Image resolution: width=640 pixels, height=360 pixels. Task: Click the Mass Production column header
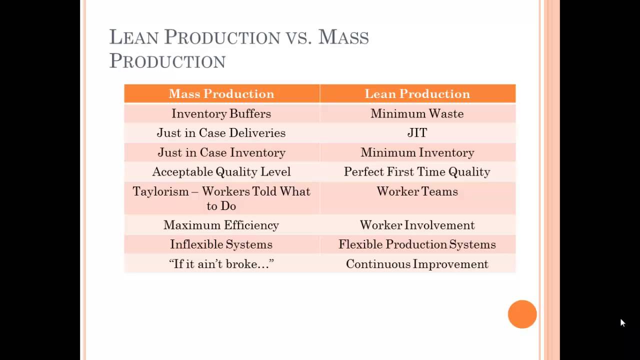click(221, 94)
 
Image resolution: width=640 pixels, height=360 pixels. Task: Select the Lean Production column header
click(417, 94)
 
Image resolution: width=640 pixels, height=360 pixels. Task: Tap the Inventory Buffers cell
click(221, 113)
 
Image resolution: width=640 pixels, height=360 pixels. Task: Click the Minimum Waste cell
click(417, 113)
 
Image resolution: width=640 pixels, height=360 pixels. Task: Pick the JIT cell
click(417, 133)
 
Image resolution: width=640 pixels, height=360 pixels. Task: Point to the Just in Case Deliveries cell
click(221, 133)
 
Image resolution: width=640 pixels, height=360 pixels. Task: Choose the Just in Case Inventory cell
click(221, 152)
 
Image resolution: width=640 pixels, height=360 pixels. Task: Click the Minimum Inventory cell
click(417, 152)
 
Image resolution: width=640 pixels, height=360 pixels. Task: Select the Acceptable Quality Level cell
click(221, 172)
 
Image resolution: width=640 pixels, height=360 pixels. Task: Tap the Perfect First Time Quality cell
click(417, 172)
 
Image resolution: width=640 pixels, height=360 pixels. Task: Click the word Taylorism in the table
click(160, 191)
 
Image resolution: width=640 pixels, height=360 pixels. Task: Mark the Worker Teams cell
click(417, 191)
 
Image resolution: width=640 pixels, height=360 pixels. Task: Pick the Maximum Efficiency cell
click(221, 225)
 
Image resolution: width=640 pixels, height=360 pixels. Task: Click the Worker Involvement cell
click(417, 225)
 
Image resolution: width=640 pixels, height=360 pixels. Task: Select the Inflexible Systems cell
click(221, 244)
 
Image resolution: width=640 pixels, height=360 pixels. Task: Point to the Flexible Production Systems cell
click(417, 244)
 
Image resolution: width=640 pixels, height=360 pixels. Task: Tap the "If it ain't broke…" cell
click(221, 264)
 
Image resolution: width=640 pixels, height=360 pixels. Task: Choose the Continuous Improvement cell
click(417, 264)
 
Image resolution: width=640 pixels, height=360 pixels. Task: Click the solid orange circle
click(522, 314)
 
